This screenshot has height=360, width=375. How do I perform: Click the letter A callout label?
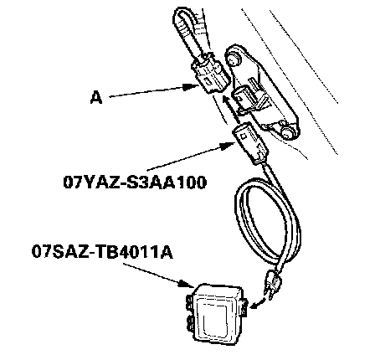click(x=96, y=98)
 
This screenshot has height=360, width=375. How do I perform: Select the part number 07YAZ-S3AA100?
click(x=135, y=183)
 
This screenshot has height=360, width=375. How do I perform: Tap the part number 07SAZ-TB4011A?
click(x=102, y=251)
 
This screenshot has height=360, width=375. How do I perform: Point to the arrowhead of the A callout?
click(x=191, y=87)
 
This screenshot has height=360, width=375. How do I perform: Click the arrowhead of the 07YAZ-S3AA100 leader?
click(x=228, y=146)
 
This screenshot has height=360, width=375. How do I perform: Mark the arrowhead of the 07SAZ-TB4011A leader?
click(x=187, y=284)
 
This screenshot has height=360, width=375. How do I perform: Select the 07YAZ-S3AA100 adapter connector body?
click(x=250, y=143)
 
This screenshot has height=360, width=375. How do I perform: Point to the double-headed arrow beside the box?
click(x=258, y=303)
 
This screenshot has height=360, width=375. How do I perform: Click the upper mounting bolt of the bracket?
click(x=234, y=59)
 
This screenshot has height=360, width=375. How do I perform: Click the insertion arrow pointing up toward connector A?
click(x=231, y=109)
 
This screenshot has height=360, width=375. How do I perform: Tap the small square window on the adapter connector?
click(x=244, y=136)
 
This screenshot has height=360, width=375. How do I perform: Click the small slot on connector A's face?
click(x=207, y=81)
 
